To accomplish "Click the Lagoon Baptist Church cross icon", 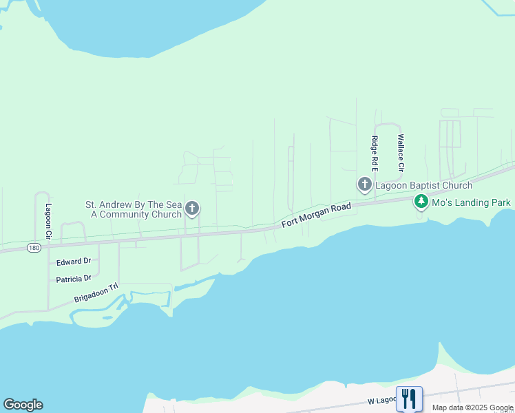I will (x=364, y=184).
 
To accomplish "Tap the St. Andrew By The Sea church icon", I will (x=192, y=209).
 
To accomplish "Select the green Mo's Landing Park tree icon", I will (x=420, y=202).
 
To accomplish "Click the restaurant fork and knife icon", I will (x=409, y=398).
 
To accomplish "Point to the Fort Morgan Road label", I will (x=317, y=215).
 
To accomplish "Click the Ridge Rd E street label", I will (x=375, y=153).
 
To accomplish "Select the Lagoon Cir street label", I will (x=49, y=221).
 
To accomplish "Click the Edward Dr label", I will (x=74, y=262).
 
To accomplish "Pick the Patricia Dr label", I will (x=74, y=278).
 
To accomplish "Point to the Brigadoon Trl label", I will (x=96, y=294).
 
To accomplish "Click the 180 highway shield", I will (x=34, y=246).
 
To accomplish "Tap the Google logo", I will (x=23, y=405).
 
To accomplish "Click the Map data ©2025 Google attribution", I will (x=473, y=407).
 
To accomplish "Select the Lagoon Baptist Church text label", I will (x=423, y=185).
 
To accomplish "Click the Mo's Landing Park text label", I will (x=471, y=202).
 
